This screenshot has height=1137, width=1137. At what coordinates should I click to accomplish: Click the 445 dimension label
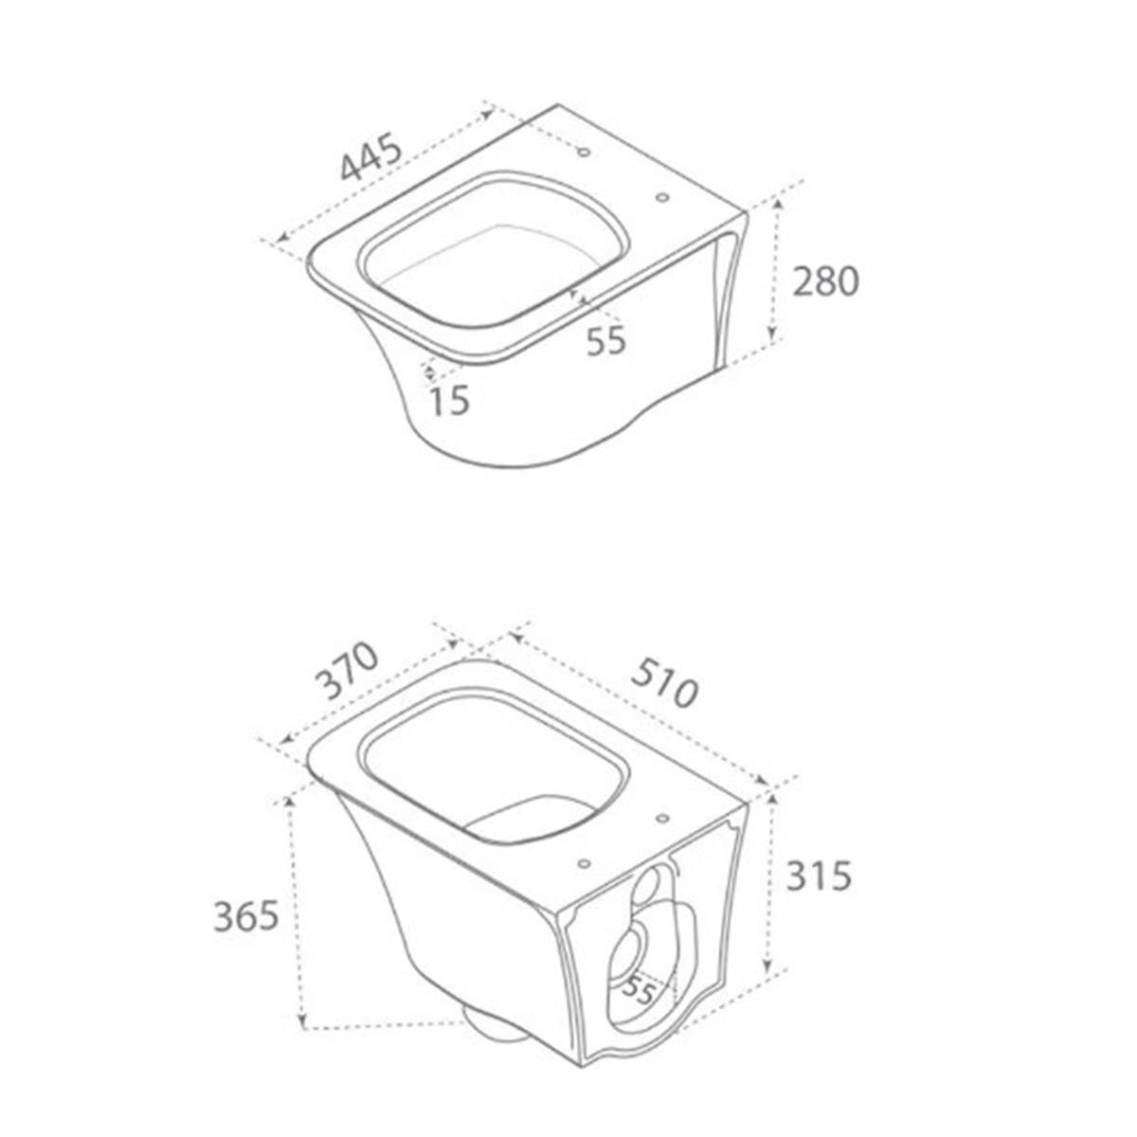coord(372,157)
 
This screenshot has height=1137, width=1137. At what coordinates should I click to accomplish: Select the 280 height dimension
coord(824,282)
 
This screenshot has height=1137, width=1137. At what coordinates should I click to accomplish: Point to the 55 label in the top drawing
coord(606,340)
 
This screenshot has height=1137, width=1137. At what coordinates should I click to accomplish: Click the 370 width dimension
coord(346,671)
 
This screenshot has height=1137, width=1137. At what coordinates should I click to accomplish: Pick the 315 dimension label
coord(819,875)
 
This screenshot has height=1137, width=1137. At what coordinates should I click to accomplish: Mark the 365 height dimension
coord(245,916)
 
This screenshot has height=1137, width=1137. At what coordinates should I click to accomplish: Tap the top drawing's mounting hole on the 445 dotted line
coord(585,153)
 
